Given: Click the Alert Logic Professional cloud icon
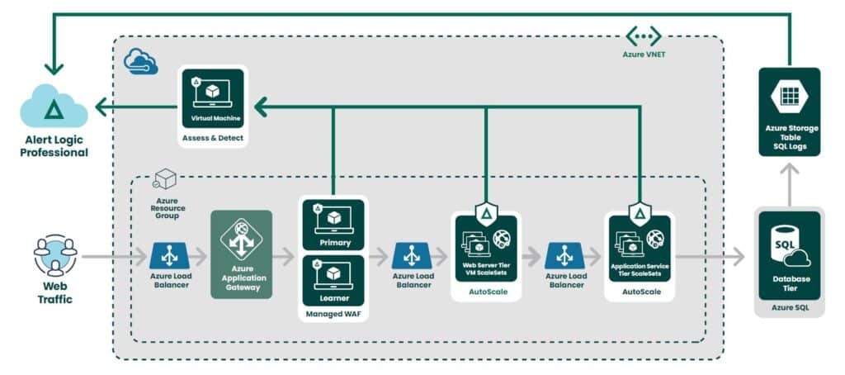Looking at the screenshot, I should pyautogui.click(x=54, y=108).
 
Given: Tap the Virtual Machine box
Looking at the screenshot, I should pyautogui.click(x=214, y=98).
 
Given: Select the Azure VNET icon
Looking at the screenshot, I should pyautogui.click(x=643, y=36).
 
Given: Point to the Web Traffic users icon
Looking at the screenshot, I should pyautogui.click(x=55, y=255).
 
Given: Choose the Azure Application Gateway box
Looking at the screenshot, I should pyautogui.click(x=241, y=254).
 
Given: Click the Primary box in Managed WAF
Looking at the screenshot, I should pyautogui.click(x=333, y=223).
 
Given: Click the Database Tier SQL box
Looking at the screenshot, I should pyautogui.click(x=789, y=255).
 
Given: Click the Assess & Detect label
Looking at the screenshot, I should pyautogui.click(x=214, y=138).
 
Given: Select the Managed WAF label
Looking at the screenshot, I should pyautogui.click(x=333, y=315).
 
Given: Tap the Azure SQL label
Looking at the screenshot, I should pyautogui.click(x=789, y=307).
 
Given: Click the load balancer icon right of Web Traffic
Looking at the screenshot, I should pyautogui.click(x=169, y=255).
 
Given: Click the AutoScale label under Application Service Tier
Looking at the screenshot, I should pyautogui.click(x=640, y=292).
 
